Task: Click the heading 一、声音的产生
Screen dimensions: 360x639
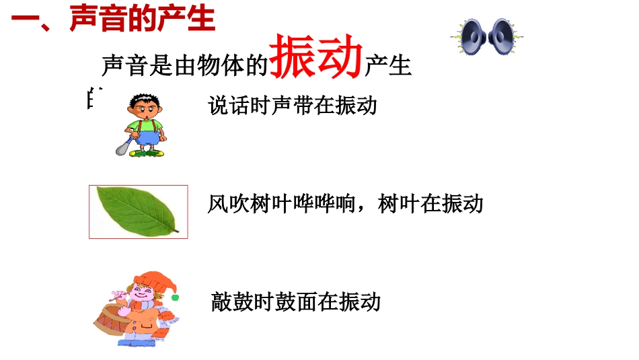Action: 113,20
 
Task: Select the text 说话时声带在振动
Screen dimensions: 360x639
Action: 293,106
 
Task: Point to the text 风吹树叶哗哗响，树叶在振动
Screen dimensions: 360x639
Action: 346,203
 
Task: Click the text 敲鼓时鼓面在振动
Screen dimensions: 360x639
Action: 296,301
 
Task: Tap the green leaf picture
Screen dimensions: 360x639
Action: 137,211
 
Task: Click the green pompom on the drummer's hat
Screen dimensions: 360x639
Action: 175,296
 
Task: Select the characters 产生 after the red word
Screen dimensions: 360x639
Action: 387,66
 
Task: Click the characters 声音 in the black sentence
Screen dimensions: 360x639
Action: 125,66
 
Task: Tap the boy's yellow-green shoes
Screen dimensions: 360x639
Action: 147,153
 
